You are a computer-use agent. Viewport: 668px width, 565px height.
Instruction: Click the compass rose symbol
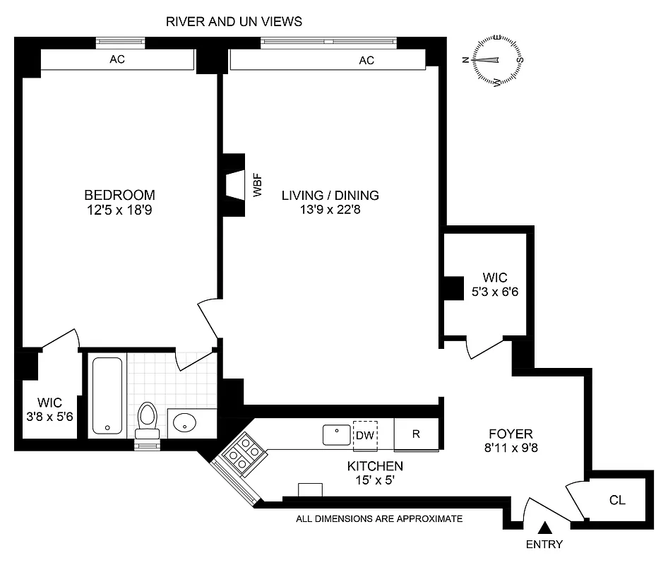click(x=498, y=60)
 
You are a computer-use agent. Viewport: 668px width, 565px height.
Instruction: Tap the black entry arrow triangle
click(x=544, y=527)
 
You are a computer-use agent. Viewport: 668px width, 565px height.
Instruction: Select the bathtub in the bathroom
click(x=107, y=395)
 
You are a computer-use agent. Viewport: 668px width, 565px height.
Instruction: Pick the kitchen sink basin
click(x=337, y=434)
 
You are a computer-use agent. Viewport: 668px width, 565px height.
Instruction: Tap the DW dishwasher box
click(x=365, y=434)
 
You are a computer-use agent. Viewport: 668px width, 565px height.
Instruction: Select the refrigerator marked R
click(x=416, y=434)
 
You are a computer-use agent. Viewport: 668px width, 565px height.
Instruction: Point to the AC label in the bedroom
click(x=117, y=60)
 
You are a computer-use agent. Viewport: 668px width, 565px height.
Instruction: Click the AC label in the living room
click(x=366, y=61)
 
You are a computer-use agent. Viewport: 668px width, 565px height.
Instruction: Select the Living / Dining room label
click(x=330, y=195)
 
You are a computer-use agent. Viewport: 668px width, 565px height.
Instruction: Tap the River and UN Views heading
click(x=234, y=22)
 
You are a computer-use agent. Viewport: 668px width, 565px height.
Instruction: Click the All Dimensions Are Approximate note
click(x=379, y=519)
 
